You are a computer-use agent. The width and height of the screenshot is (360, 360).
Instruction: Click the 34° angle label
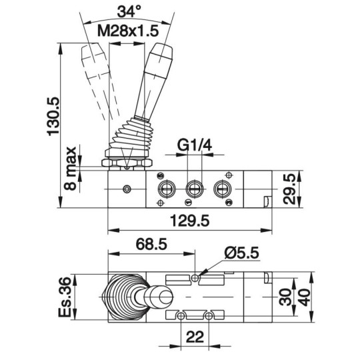(x=129, y=11)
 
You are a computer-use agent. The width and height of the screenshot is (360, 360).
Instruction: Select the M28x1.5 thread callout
(x=128, y=31)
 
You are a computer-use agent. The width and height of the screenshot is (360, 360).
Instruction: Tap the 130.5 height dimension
(x=53, y=116)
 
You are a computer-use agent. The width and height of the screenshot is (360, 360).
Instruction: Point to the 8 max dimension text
(x=70, y=168)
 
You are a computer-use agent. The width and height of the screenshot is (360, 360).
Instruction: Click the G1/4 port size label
(x=195, y=145)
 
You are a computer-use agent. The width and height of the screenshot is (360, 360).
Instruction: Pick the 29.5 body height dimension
(x=289, y=189)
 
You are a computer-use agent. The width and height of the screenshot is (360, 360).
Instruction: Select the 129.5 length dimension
(x=189, y=221)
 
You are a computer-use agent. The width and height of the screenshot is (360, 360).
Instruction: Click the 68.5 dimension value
(x=151, y=244)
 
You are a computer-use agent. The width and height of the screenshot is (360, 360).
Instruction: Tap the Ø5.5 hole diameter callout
(x=242, y=253)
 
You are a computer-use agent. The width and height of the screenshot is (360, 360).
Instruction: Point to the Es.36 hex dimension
(x=64, y=297)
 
